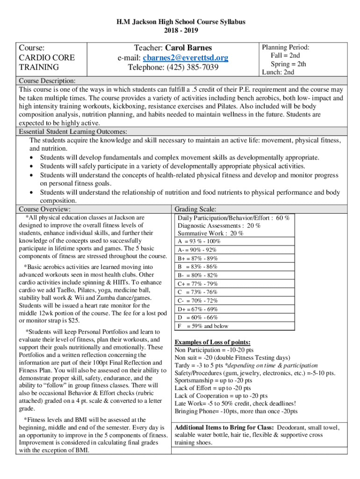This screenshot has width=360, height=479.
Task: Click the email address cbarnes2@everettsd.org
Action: [x=186, y=58]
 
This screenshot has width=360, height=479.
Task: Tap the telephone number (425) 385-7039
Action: [x=173, y=67]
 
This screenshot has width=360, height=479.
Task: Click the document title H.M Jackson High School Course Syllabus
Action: [x=180, y=22]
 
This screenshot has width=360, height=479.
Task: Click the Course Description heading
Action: [x=47, y=81]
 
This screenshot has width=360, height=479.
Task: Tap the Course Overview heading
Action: [x=45, y=209]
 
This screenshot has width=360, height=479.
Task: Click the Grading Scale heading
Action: [x=195, y=209]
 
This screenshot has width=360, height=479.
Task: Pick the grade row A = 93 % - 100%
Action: [x=199, y=241]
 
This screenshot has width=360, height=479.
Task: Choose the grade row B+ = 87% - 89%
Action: [x=198, y=258]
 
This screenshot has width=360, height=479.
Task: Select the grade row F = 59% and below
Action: [x=202, y=326]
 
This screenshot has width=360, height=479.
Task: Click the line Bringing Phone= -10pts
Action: [x=236, y=411]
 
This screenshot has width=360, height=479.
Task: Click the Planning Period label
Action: [x=285, y=47]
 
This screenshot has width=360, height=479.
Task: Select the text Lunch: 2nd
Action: [x=278, y=72]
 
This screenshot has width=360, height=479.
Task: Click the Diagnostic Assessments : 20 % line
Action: [x=219, y=225]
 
